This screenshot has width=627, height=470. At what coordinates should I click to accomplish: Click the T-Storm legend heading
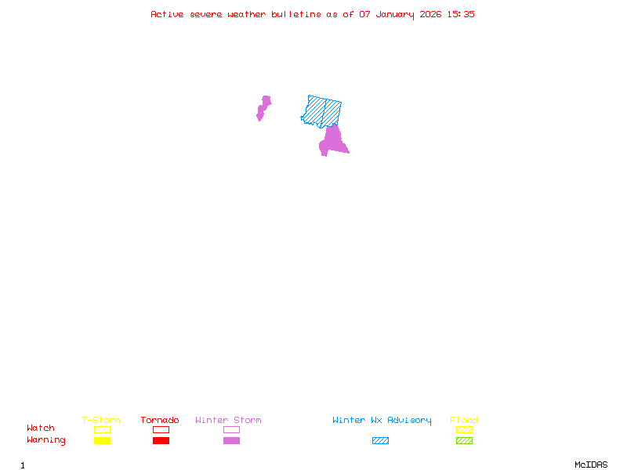pos(101,421)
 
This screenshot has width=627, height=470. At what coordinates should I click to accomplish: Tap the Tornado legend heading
pos(160,421)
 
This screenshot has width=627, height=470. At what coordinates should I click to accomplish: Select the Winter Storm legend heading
pos(228,421)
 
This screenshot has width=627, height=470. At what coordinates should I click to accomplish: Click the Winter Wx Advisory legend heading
pos(382,421)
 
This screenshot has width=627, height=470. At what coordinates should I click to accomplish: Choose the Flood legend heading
pos(464,421)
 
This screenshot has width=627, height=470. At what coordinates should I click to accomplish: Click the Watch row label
pos(41,428)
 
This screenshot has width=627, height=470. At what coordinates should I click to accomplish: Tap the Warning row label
pos(46,440)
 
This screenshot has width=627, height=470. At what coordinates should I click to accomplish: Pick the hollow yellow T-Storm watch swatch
pos(102,429)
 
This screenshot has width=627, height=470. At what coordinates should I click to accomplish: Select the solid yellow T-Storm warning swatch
pos(102,441)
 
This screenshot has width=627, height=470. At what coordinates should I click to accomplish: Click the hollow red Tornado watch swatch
pos(161,429)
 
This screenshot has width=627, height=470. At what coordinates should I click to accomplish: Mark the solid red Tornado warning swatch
pos(161,441)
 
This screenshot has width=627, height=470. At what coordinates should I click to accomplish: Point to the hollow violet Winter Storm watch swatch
pos(231,429)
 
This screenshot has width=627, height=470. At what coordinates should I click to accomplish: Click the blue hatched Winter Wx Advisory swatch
pos(380,441)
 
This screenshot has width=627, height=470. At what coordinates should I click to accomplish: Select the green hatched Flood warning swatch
pos(464,441)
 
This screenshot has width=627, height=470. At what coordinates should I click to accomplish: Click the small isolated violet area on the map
pos(263,107)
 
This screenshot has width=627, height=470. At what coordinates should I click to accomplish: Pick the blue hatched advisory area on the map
pos(321,111)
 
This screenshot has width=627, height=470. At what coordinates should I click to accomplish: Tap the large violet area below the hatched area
pos(333,141)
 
